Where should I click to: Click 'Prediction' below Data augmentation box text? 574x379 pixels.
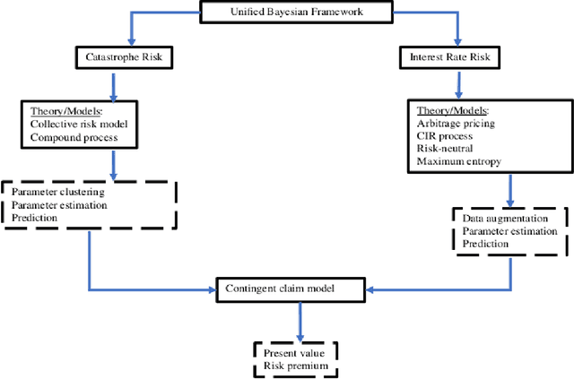point(485,244)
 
